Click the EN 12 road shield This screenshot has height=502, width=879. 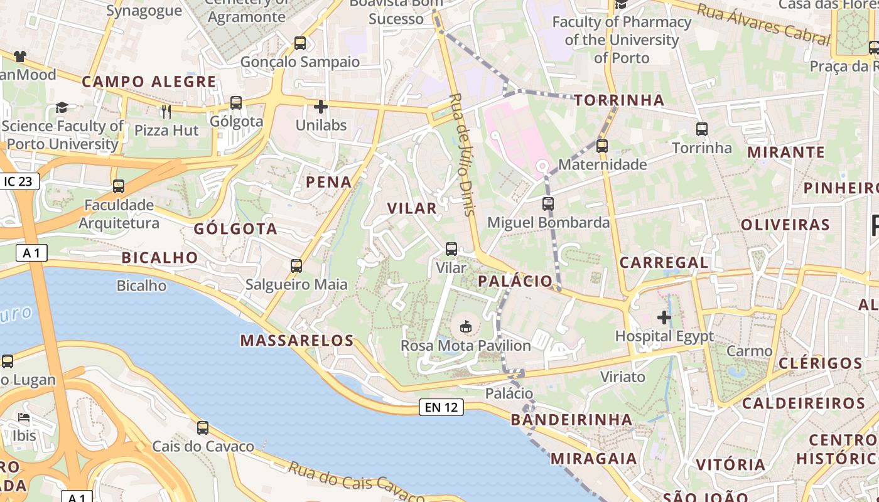pyautogui.click(x=441, y=407)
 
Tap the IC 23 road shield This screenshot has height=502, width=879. pyautogui.click(x=18, y=181)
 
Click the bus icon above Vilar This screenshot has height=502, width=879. pyautogui.click(x=451, y=249)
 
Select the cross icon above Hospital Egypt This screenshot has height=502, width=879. pyautogui.click(x=664, y=318)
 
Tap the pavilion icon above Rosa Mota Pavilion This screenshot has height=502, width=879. pyautogui.click(x=466, y=326)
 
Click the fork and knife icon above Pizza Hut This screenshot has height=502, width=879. pyautogui.click(x=166, y=112)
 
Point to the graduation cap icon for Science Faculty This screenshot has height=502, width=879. pyautogui.click(x=62, y=107)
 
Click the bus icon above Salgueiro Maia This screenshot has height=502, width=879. pyautogui.click(x=296, y=266)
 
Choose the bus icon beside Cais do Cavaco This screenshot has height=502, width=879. pyautogui.click(x=203, y=428)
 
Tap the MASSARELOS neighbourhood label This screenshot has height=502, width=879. pyautogui.click(x=298, y=341)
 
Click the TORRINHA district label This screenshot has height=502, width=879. pyautogui.click(x=619, y=100)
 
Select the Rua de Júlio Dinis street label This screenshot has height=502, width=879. pyautogui.click(x=463, y=154)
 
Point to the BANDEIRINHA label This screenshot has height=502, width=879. pyautogui.click(x=571, y=419)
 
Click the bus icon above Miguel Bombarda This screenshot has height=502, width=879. pyautogui.click(x=548, y=204)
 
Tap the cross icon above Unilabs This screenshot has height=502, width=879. pyautogui.click(x=321, y=107)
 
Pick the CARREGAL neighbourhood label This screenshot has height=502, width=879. pyautogui.click(x=664, y=262)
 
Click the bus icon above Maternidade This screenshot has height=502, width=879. pyautogui.click(x=602, y=146)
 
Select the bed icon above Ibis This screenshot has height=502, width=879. pyautogui.click(x=24, y=417)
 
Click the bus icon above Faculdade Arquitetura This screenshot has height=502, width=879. pyautogui.click(x=119, y=186)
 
